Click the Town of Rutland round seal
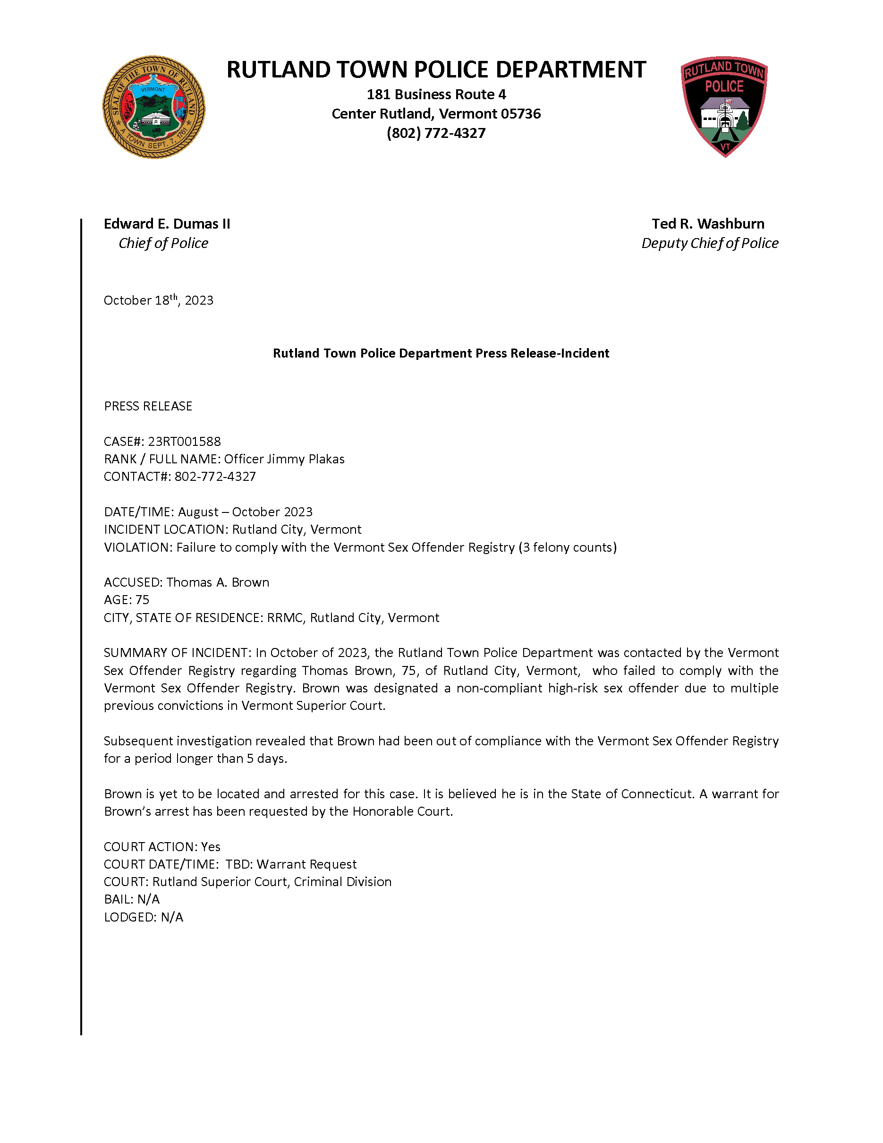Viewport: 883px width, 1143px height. pos(154,107)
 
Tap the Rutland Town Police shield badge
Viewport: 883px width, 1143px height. pos(724,106)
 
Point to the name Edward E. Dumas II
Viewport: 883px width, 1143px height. pos(167,223)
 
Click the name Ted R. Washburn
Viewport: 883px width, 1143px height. pos(708,223)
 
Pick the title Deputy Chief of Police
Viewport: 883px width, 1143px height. pos(710,243)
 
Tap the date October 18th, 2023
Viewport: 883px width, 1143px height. pos(159,300)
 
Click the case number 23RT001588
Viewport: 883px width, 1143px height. pos(184,441)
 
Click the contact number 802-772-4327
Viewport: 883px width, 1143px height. pos(215,476)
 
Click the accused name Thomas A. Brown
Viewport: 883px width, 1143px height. pos(218,582)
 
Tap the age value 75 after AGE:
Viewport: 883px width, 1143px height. pos(142,600)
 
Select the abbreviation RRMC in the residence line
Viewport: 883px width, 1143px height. pos(285,618)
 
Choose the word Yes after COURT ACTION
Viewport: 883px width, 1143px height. pos(211,847)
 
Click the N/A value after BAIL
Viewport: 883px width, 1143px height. pos(149,899)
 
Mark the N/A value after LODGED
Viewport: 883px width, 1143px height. pos(172,917)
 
